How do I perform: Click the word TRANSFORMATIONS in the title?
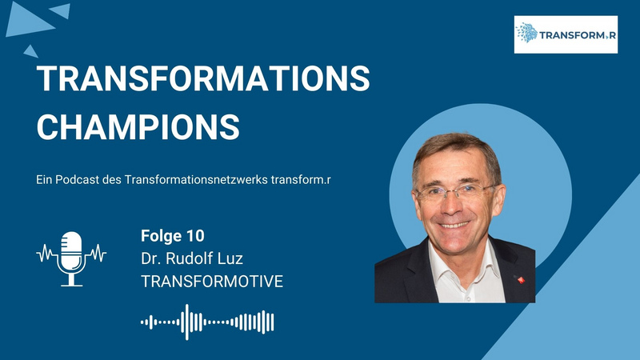[x=203, y=78]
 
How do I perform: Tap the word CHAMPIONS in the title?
[x=138, y=127]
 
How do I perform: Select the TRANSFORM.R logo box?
[x=566, y=34]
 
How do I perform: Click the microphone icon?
[x=71, y=258]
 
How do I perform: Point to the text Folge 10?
[x=173, y=236]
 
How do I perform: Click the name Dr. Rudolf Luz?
[x=192, y=258]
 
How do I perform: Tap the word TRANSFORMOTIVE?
[x=212, y=282]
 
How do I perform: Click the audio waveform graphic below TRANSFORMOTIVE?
[x=207, y=322]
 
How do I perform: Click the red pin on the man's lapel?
[x=521, y=279]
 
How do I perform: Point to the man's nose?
[x=452, y=204]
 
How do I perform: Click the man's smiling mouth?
[x=454, y=225]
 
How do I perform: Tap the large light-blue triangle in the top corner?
[x=29, y=21]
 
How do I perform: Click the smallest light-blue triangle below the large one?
[x=30, y=52]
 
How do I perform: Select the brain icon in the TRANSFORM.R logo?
[x=526, y=33]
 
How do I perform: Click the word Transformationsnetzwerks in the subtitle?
[x=196, y=179]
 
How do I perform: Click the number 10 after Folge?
[x=195, y=236]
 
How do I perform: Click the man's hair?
[x=457, y=147]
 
